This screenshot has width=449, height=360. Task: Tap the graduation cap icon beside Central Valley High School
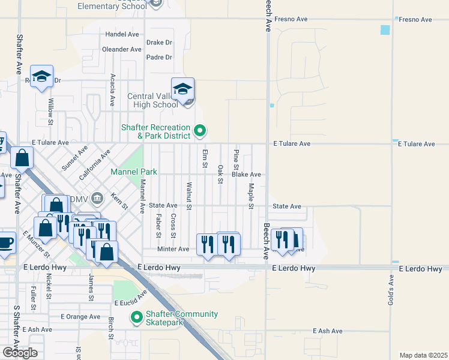[x=182, y=89]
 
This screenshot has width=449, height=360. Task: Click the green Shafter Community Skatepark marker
[x=137, y=316]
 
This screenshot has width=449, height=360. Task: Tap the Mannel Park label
[x=133, y=172]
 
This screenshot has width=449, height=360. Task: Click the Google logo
[x=20, y=352]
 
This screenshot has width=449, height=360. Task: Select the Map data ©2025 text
[x=423, y=355]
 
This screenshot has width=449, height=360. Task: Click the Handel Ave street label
[x=122, y=34]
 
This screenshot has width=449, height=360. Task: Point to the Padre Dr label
[x=159, y=58]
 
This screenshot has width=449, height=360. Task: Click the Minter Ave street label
[x=173, y=249]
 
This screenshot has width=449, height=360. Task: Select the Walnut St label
[x=189, y=196]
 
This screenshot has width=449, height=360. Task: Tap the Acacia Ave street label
[x=113, y=90]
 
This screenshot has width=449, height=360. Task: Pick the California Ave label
[x=95, y=166]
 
